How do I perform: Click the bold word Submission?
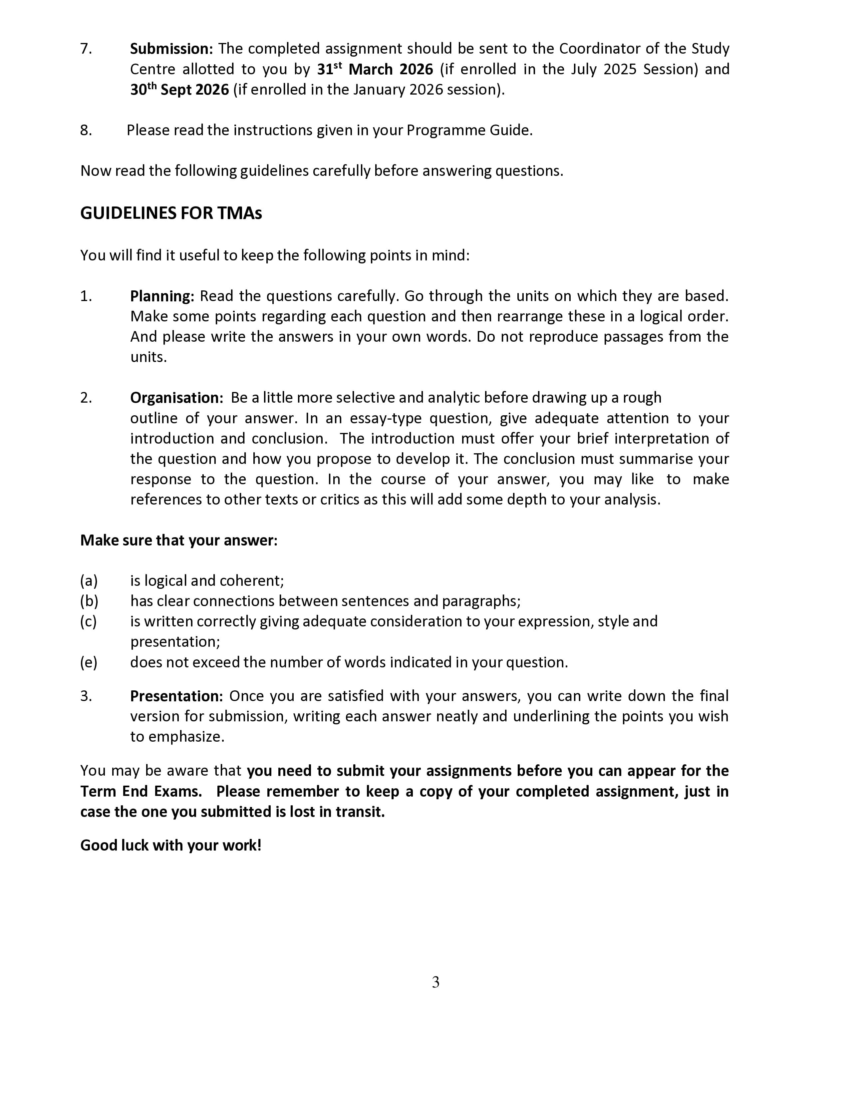[171, 49]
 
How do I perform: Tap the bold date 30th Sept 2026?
[179, 90]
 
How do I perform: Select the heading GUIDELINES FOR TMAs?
[171, 213]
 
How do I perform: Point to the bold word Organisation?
[176, 398]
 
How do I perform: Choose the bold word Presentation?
[176, 696]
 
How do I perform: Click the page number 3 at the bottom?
[435, 982]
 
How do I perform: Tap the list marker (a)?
[89, 581]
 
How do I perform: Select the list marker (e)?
[89, 662]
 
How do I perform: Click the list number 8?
[86, 130]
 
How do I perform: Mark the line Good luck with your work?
[171, 845]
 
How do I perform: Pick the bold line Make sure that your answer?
[178, 541]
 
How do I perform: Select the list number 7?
[86, 49]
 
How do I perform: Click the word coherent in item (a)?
[257, 581]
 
